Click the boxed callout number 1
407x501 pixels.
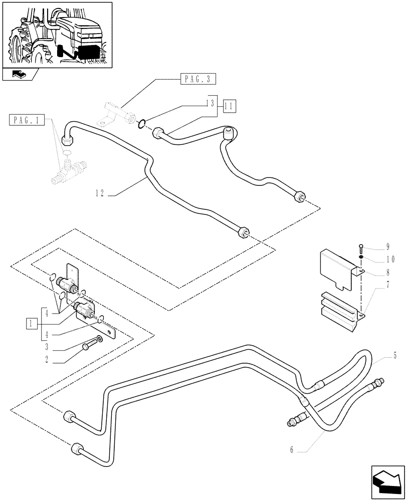[x=32, y=323]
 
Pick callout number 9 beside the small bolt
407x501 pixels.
[x=387, y=246]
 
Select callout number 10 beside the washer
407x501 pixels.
[x=389, y=260]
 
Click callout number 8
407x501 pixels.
[x=387, y=274]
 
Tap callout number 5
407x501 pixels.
[x=395, y=356]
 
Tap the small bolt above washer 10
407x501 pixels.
[x=361, y=247]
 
